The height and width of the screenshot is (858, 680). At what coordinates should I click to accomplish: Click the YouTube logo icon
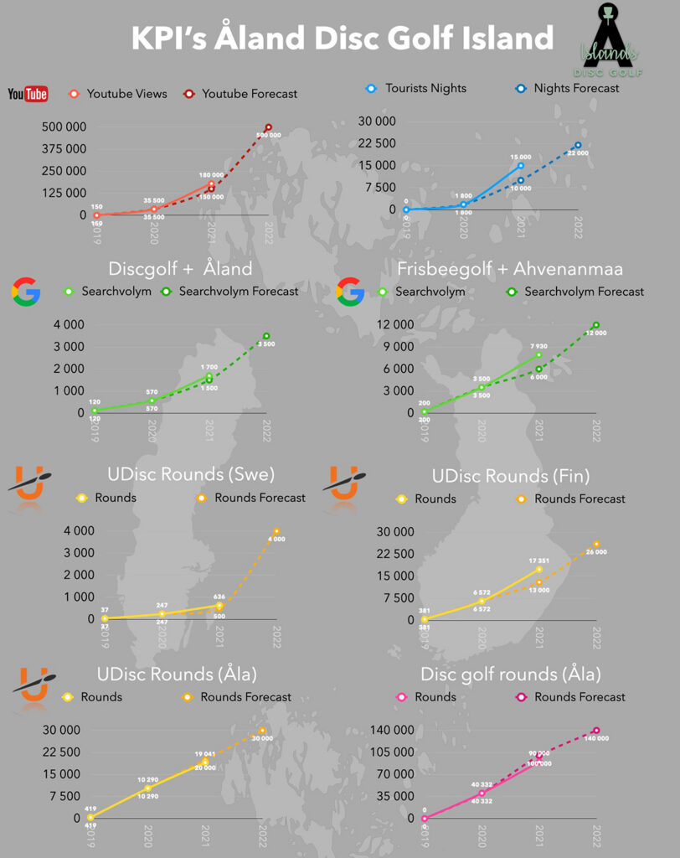point(28,94)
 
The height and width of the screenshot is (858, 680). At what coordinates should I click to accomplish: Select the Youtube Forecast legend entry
point(241,94)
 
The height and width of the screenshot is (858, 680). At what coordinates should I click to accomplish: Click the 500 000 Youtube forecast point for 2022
point(268,127)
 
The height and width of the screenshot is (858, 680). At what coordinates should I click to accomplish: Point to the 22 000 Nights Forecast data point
point(578,145)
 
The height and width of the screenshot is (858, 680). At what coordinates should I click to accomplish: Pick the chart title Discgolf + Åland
point(180,269)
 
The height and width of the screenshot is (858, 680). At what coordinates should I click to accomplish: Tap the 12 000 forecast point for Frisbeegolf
point(595,325)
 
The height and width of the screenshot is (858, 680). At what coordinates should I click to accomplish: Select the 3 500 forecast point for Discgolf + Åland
point(266,336)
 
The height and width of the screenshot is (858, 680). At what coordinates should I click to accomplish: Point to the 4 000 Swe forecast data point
point(276,531)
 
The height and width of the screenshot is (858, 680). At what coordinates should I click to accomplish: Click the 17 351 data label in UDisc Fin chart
point(538,561)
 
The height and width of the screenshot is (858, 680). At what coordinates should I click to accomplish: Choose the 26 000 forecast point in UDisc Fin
point(596,544)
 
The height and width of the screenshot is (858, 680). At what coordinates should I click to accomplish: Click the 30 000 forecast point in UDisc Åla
point(262,731)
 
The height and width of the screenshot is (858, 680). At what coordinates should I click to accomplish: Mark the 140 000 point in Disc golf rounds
point(596,731)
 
